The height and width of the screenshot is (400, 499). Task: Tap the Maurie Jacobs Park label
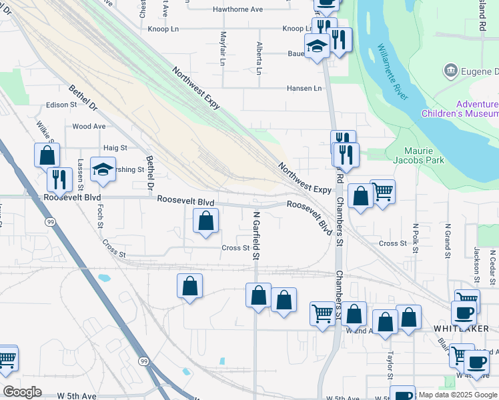pos(424,155)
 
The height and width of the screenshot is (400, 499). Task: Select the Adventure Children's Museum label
pos(460,109)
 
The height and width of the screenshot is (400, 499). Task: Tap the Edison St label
pos(62,105)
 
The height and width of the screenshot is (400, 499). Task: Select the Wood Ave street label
pos(89,126)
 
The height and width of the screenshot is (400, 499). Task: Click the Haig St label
pos(115,147)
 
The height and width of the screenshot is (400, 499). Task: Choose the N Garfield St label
pos(256,235)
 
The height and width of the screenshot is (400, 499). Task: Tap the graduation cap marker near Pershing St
pos(103,169)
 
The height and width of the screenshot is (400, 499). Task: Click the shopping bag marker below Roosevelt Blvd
pos(206,221)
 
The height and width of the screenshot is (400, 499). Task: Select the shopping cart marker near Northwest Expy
pos(382,191)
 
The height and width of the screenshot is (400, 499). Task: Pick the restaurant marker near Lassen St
pos(59,179)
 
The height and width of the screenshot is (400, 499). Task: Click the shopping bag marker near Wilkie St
pos(47,155)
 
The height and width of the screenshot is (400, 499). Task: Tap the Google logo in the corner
pos(22,391)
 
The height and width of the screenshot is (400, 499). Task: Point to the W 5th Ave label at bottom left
pos(77,396)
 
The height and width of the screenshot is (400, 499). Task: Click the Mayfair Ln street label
pos(222,47)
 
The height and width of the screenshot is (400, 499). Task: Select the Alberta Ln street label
pos(260,58)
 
